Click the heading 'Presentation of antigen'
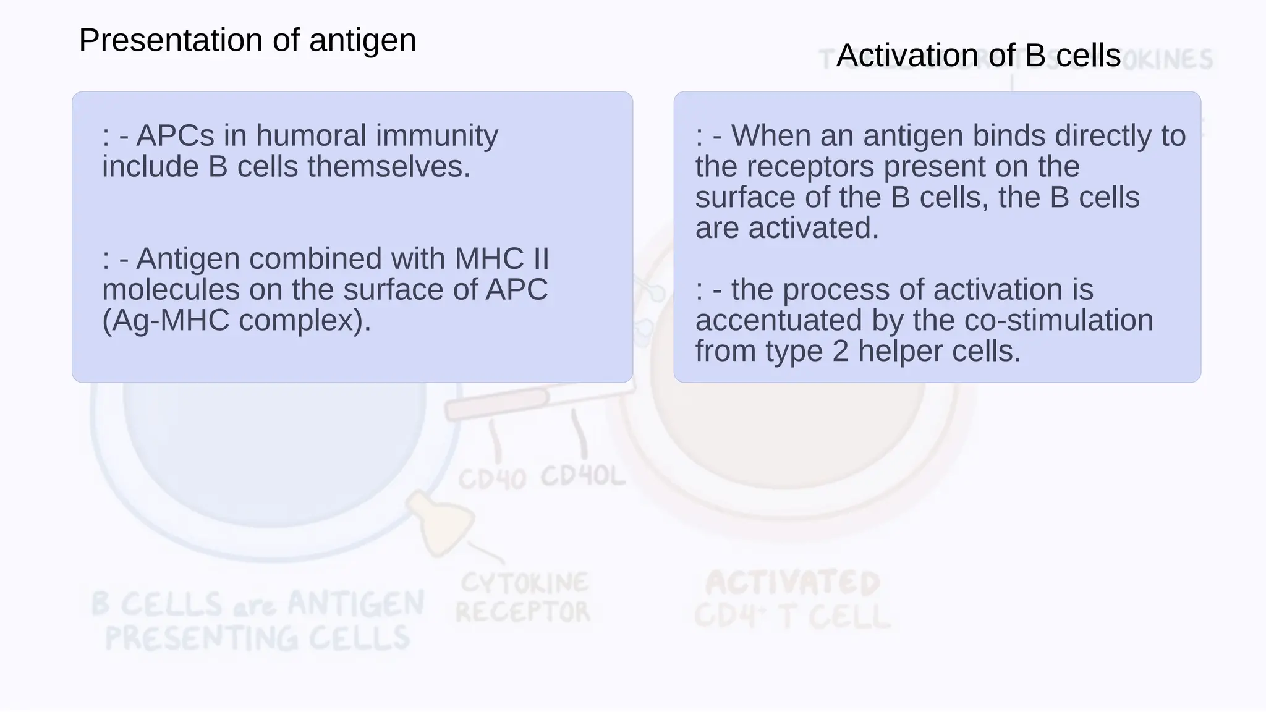[247, 41]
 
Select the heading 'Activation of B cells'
[978, 56]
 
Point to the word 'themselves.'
[389, 167]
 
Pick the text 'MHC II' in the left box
[501, 259]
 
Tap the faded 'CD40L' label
[583, 477]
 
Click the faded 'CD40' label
[492, 479]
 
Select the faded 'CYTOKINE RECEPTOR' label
[523, 598]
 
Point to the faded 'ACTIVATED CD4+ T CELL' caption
[792, 600]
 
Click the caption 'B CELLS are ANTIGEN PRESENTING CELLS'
[258, 621]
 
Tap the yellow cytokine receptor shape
[441, 523]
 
